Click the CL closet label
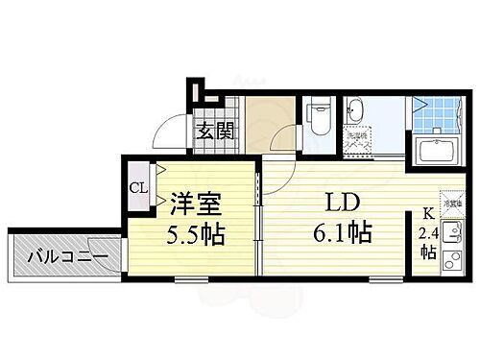(138, 187)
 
